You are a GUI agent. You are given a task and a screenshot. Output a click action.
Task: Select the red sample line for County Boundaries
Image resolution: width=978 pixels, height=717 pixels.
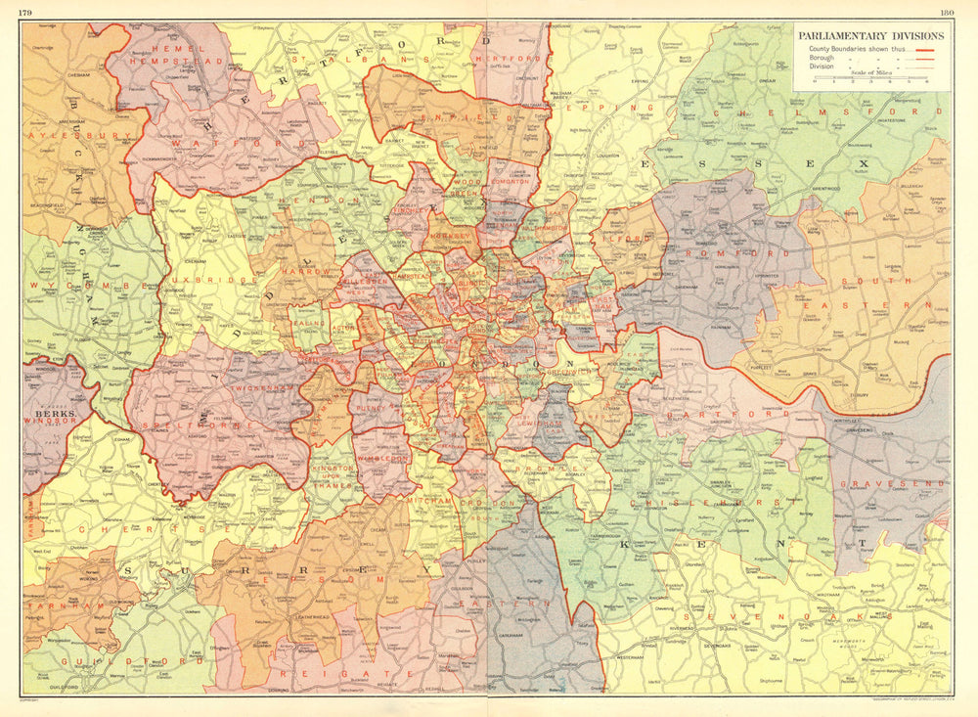coord(925,48)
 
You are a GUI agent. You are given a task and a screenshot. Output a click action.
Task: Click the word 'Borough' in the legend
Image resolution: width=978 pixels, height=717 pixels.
coord(821,58)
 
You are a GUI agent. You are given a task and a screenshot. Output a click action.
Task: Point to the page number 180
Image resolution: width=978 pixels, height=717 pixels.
coord(946,11)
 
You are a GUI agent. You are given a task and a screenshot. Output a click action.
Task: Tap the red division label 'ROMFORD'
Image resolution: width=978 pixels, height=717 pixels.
coord(757,252)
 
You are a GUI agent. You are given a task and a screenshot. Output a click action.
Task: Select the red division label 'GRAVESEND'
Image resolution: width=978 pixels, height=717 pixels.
coord(896,483)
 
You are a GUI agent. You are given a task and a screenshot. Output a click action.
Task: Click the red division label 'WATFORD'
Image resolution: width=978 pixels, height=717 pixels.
coord(204,144)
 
